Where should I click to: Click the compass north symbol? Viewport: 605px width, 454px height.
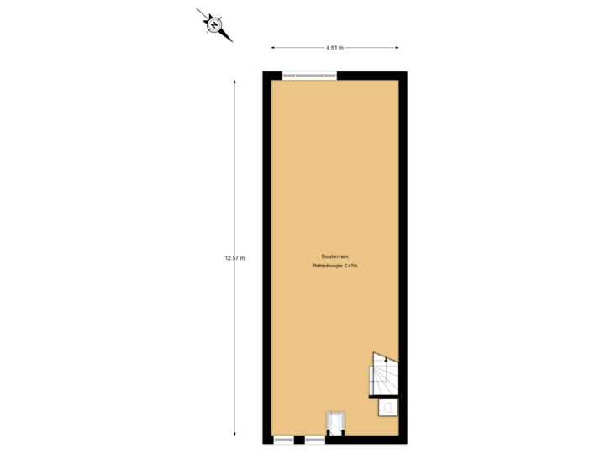(x=214, y=25)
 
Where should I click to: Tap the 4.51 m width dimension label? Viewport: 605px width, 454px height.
(x=334, y=47)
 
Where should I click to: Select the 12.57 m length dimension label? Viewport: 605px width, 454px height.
(x=234, y=257)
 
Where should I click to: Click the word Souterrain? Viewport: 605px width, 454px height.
(x=334, y=256)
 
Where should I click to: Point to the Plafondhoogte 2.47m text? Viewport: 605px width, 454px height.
(x=334, y=267)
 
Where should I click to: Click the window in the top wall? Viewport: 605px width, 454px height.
(x=309, y=77)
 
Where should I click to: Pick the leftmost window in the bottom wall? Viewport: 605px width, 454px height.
(x=284, y=439)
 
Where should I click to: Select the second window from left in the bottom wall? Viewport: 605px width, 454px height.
(x=315, y=439)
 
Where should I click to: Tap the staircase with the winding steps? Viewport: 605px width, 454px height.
(x=384, y=375)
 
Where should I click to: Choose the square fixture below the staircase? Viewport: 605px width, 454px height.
(x=388, y=408)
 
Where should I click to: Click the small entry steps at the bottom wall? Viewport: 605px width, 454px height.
(x=335, y=422)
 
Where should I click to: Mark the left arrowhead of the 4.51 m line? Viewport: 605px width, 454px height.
(x=273, y=47)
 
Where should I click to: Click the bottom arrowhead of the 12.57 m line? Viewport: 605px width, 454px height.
(x=234, y=434)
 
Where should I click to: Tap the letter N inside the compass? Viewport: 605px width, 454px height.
(x=214, y=25)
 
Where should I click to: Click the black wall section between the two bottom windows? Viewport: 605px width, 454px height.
(x=300, y=440)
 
